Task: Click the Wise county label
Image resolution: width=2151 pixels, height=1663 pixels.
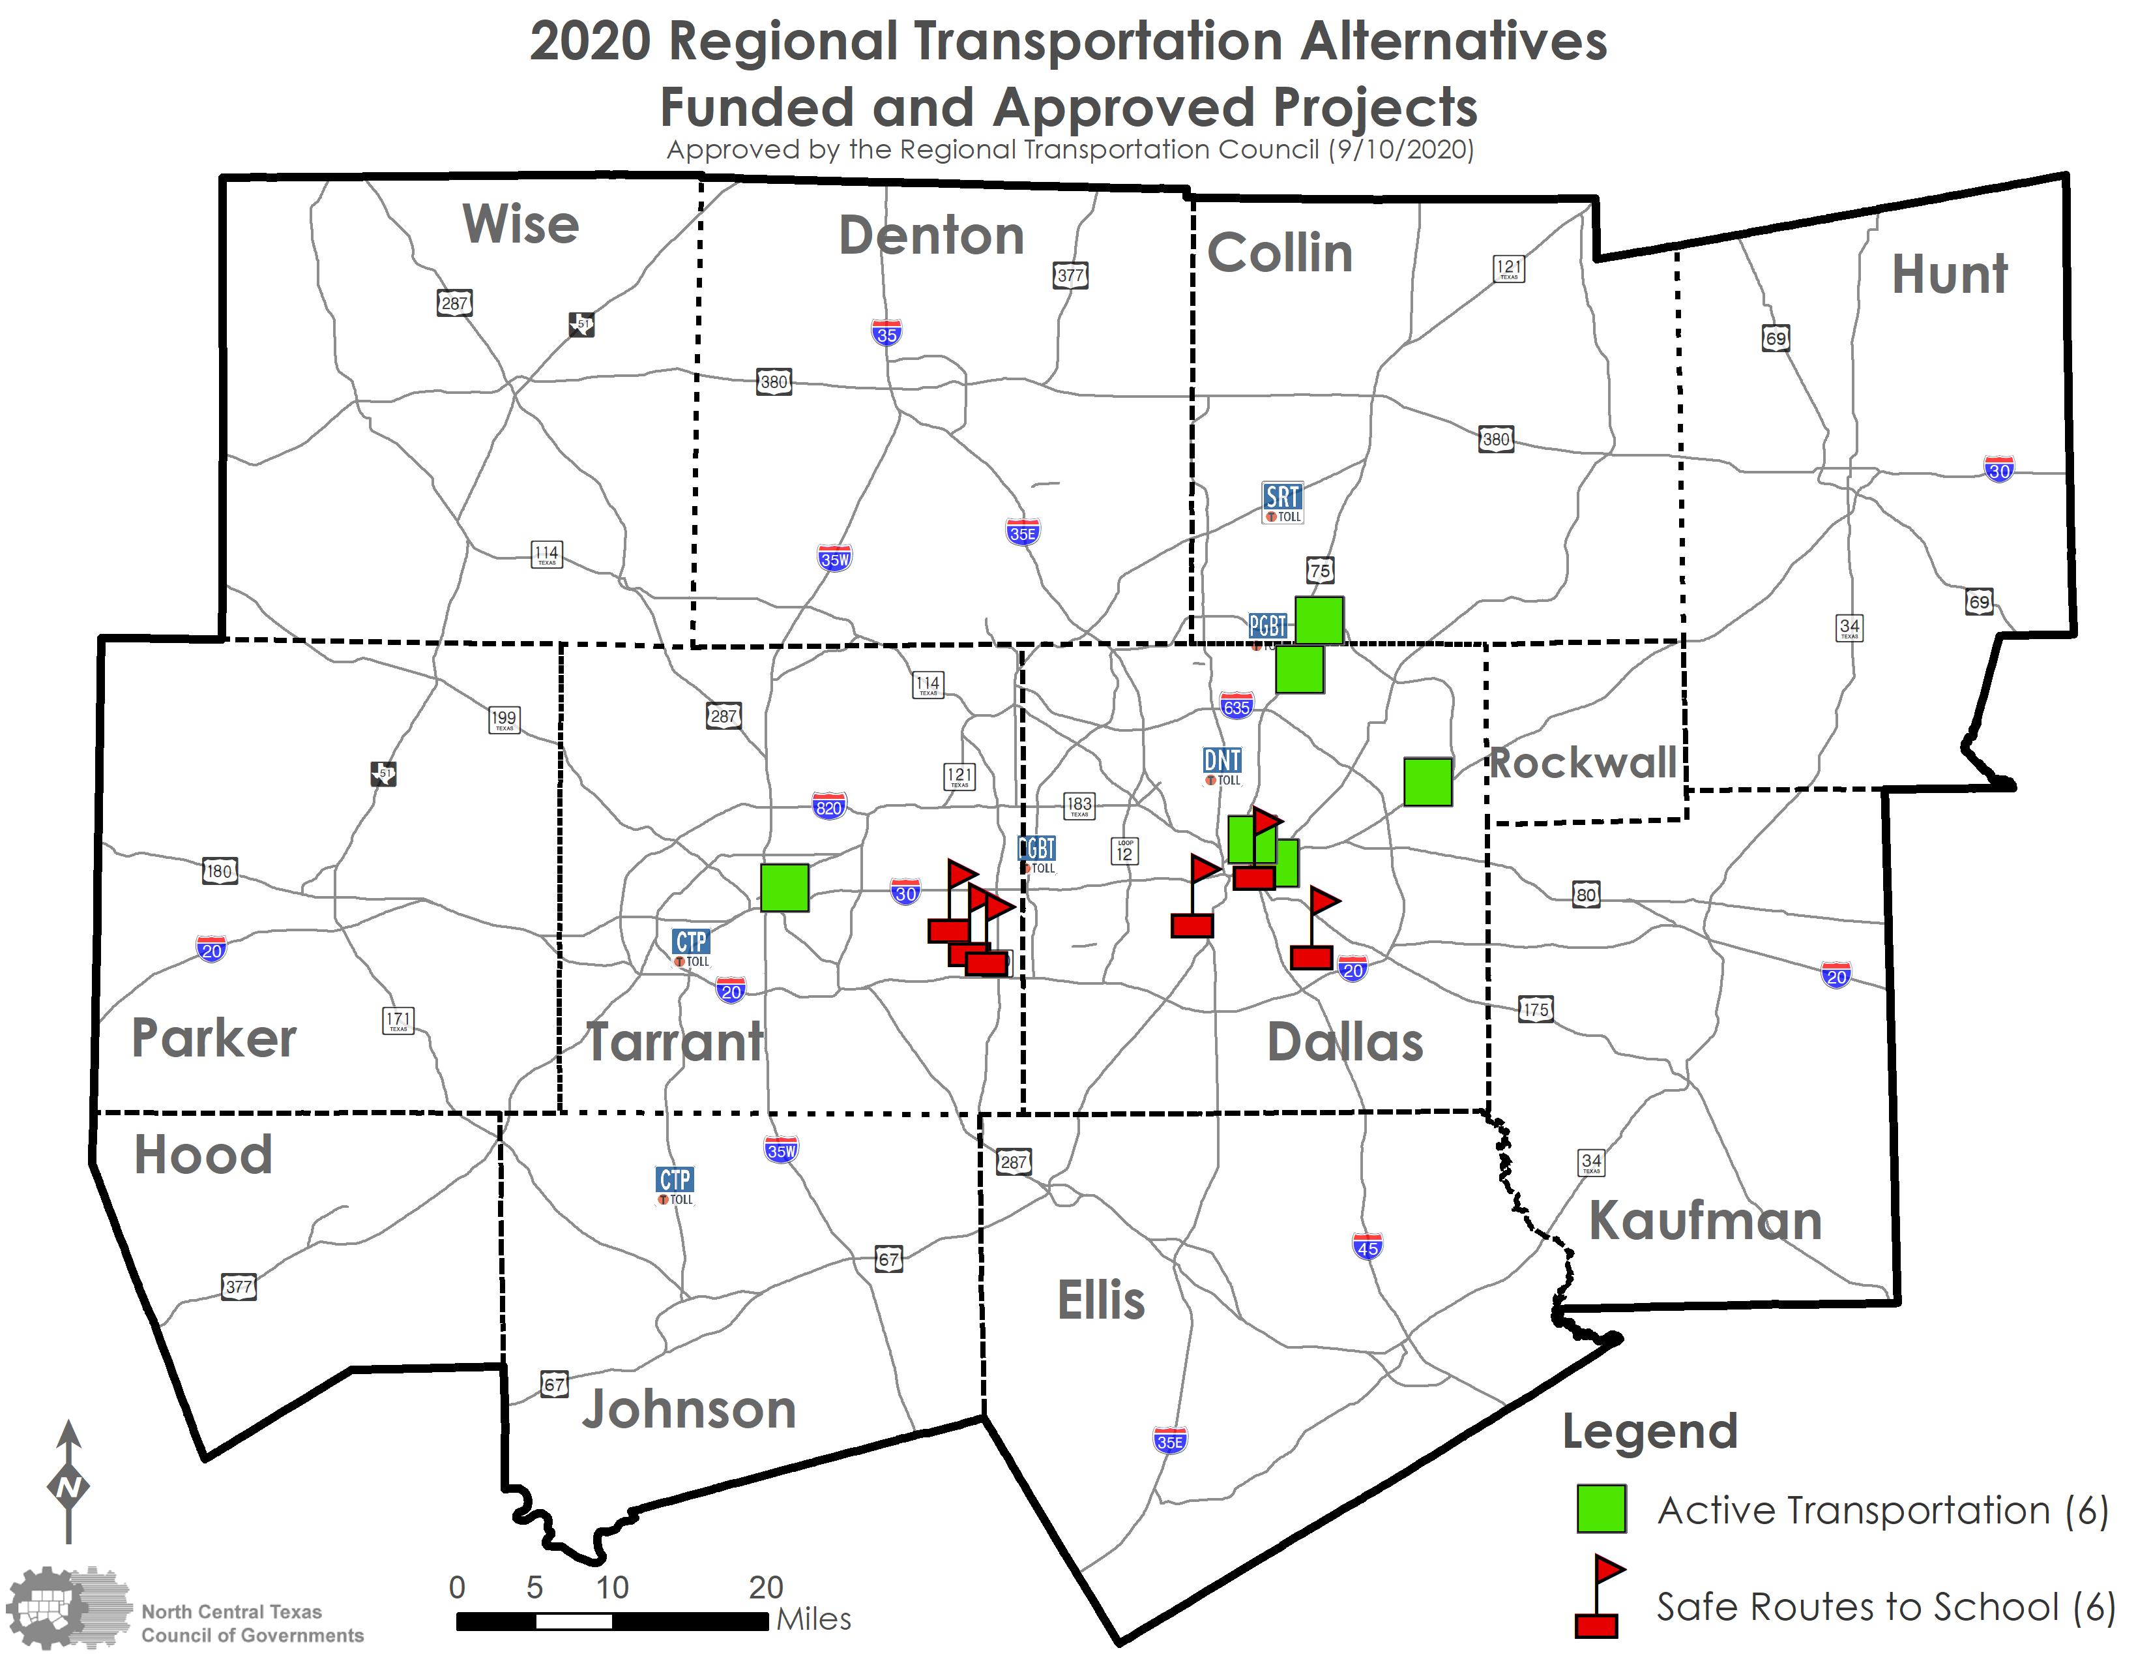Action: click(520, 224)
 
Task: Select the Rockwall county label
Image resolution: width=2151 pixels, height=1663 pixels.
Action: click(1583, 762)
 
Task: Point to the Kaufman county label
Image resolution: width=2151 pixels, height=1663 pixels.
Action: click(1705, 1221)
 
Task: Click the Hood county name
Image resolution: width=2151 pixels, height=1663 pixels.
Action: click(203, 1154)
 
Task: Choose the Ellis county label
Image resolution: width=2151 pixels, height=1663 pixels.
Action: click(1100, 1300)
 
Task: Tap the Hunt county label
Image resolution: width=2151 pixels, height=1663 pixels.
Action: click(1948, 274)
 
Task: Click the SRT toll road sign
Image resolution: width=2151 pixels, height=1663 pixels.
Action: click(1282, 500)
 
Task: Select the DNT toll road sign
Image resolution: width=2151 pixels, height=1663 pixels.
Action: click(1222, 764)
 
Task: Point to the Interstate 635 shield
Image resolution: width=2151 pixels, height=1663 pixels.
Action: click(1236, 706)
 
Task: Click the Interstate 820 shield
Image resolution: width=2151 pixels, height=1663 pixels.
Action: click(828, 807)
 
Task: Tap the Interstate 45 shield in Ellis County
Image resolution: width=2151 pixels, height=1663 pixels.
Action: click(1367, 1246)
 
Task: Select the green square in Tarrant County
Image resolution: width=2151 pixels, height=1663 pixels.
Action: click(784, 887)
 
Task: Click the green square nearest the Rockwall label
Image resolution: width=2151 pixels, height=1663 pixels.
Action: click(1427, 782)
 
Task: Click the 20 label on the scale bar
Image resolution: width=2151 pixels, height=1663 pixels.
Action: click(765, 1587)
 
